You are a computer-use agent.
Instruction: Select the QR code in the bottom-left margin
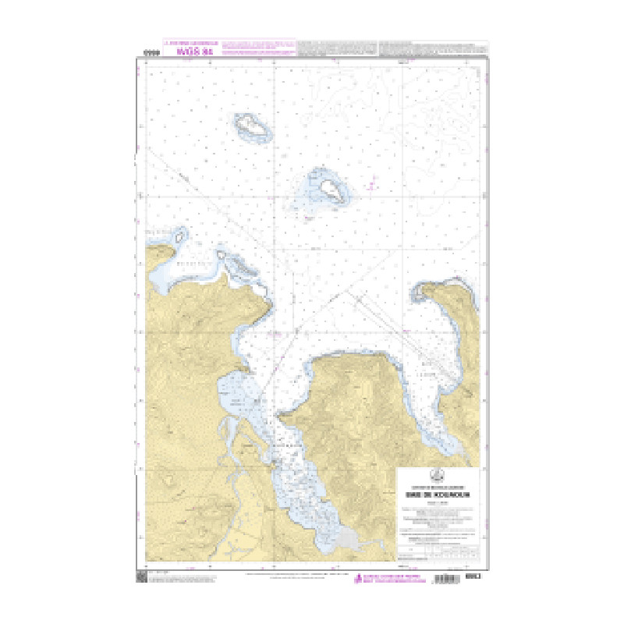click(142, 577)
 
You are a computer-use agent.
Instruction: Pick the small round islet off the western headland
click(180, 234)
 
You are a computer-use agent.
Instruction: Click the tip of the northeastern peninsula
click(426, 290)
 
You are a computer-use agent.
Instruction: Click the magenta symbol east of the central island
click(373, 185)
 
